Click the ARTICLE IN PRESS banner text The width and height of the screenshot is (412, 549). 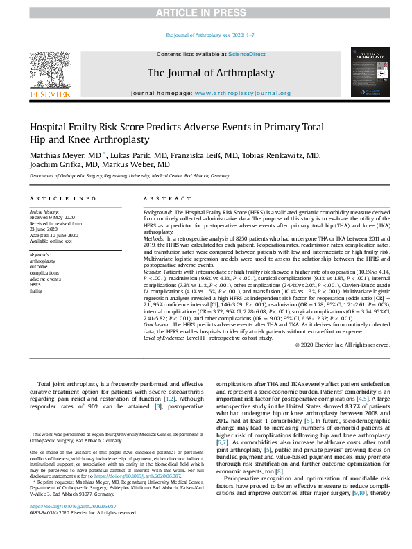(205, 12)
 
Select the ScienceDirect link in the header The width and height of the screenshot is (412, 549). (247, 54)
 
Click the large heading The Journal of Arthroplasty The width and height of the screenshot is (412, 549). (210, 73)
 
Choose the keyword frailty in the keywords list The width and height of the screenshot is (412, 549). (35, 292)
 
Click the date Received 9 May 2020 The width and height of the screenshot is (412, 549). (54, 218)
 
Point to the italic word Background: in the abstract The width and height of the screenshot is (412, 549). (157, 211)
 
